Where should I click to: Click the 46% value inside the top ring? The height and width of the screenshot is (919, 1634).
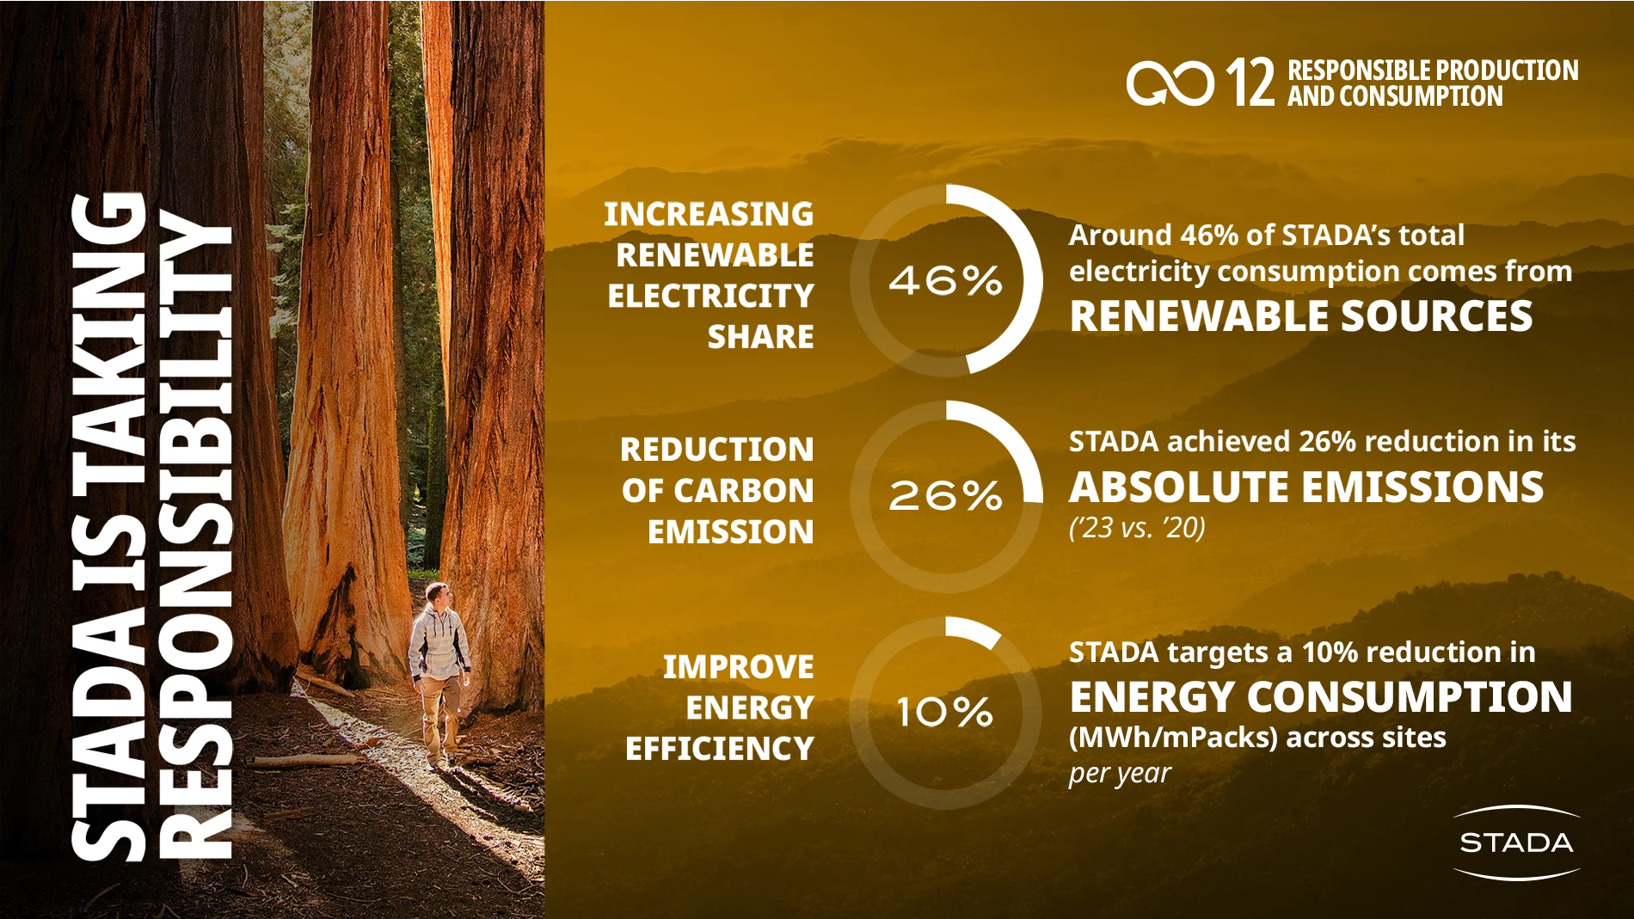click(945, 280)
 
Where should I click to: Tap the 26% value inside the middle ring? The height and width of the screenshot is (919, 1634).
click(945, 496)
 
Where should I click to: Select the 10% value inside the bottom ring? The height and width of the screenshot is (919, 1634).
click(945, 712)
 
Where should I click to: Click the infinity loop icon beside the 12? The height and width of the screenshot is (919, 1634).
click(1170, 83)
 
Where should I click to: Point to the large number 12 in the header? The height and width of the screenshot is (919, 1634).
click(1250, 83)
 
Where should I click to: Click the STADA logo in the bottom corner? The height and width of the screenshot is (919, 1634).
click(1516, 842)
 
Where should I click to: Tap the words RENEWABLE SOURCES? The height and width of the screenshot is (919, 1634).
click(1300, 316)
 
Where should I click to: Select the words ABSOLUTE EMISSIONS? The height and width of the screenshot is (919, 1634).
click(1306, 487)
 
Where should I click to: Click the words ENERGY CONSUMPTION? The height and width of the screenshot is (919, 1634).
click(1321, 696)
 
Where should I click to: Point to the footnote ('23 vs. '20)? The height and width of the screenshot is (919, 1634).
click(1137, 528)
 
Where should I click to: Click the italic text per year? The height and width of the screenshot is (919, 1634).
click(1120, 774)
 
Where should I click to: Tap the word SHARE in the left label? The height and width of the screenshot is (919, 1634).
click(760, 337)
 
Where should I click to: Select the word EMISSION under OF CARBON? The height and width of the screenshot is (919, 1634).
click(730, 532)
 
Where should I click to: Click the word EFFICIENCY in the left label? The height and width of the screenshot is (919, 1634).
click(719, 749)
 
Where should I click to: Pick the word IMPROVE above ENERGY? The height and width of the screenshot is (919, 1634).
click(738, 667)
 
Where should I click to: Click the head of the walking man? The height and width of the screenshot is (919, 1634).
click(438, 594)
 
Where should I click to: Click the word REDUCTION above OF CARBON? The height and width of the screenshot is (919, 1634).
click(716, 450)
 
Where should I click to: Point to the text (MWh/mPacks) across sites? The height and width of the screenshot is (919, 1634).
click(1257, 738)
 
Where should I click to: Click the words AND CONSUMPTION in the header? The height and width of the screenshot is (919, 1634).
click(1395, 96)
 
